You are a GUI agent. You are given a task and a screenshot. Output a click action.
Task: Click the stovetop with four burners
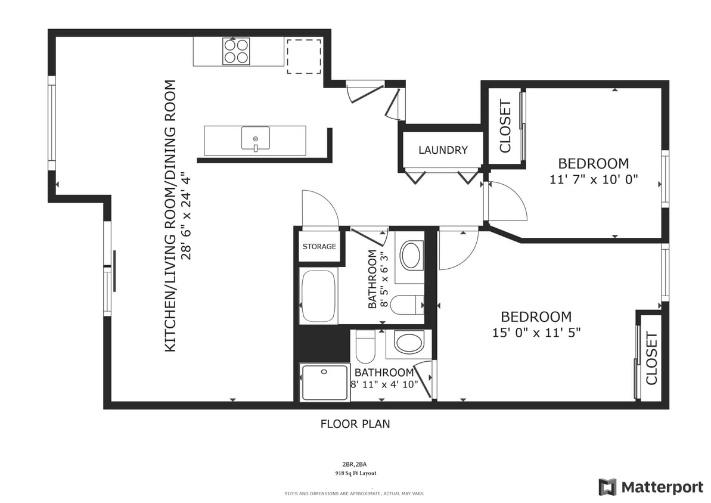236,51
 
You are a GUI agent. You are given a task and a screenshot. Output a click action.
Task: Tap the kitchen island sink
255,139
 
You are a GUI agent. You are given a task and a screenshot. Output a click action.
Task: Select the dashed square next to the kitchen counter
304,55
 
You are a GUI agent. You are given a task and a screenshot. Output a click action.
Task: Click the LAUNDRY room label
443,150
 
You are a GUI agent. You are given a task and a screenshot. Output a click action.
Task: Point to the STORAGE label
319,247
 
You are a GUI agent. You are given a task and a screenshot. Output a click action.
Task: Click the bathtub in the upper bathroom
318,296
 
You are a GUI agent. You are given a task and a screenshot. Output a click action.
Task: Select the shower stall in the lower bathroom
324,383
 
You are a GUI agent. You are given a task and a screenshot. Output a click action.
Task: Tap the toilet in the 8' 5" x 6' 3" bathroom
410,305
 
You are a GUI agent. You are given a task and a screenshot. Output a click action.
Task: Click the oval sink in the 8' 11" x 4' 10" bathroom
408,344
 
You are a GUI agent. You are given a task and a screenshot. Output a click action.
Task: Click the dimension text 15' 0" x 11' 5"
536,333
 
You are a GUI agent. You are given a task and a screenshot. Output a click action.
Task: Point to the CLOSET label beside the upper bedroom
505,126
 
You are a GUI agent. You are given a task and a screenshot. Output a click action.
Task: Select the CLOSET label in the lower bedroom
651,358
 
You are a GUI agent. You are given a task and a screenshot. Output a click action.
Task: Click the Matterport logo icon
607,487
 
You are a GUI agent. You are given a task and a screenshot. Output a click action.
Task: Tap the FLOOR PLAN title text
355,424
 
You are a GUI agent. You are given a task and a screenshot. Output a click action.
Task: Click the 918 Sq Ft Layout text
355,473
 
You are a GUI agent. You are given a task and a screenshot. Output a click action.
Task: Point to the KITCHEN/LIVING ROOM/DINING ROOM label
171,216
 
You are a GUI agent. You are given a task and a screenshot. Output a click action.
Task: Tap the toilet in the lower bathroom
365,347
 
